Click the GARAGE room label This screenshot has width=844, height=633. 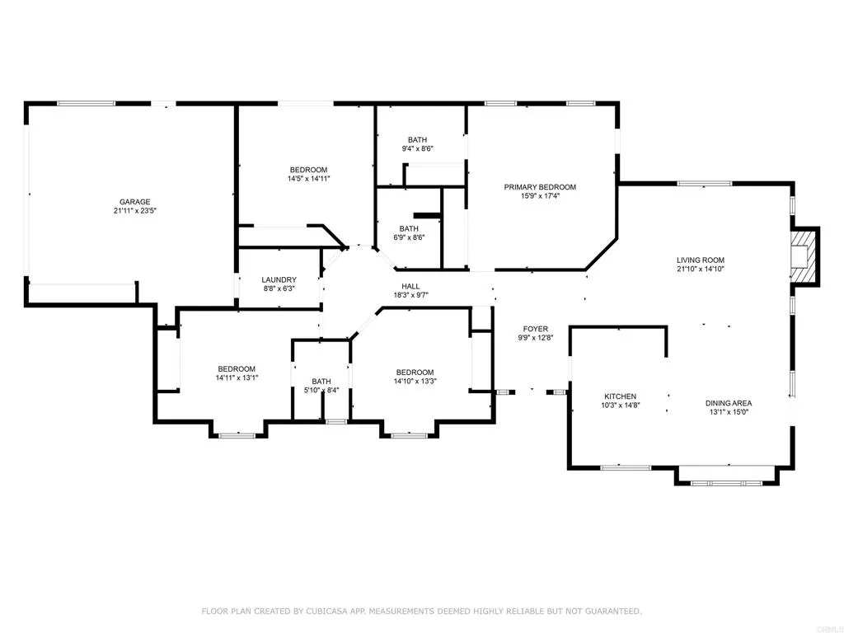[x=135, y=203]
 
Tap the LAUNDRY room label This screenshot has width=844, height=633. [x=279, y=280]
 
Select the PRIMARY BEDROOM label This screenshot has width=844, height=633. [x=540, y=187]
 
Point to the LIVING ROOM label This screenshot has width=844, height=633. [x=701, y=260]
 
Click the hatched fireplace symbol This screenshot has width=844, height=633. [x=803, y=257]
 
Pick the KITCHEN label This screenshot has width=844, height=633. [x=620, y=396]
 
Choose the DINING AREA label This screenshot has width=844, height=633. [x=729, y=403]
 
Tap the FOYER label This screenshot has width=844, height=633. [x=536, y=329]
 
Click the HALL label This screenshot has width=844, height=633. [x=410, y=286]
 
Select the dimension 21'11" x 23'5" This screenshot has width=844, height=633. [x=134, y=211]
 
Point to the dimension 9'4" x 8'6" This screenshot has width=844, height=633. [x=418, y=148]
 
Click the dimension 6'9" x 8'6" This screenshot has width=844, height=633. [x=409, y=237]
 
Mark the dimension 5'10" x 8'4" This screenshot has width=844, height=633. [x=321, y=390]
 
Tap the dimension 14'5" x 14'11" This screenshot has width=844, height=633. [x=308, y=179]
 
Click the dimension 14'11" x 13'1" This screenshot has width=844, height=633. [x=237, y=377]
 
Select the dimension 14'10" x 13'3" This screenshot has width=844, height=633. [x=415, y=381]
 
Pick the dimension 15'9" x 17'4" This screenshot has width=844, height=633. [x=540, y=196]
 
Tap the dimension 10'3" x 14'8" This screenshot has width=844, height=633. [x=620, y=406]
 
